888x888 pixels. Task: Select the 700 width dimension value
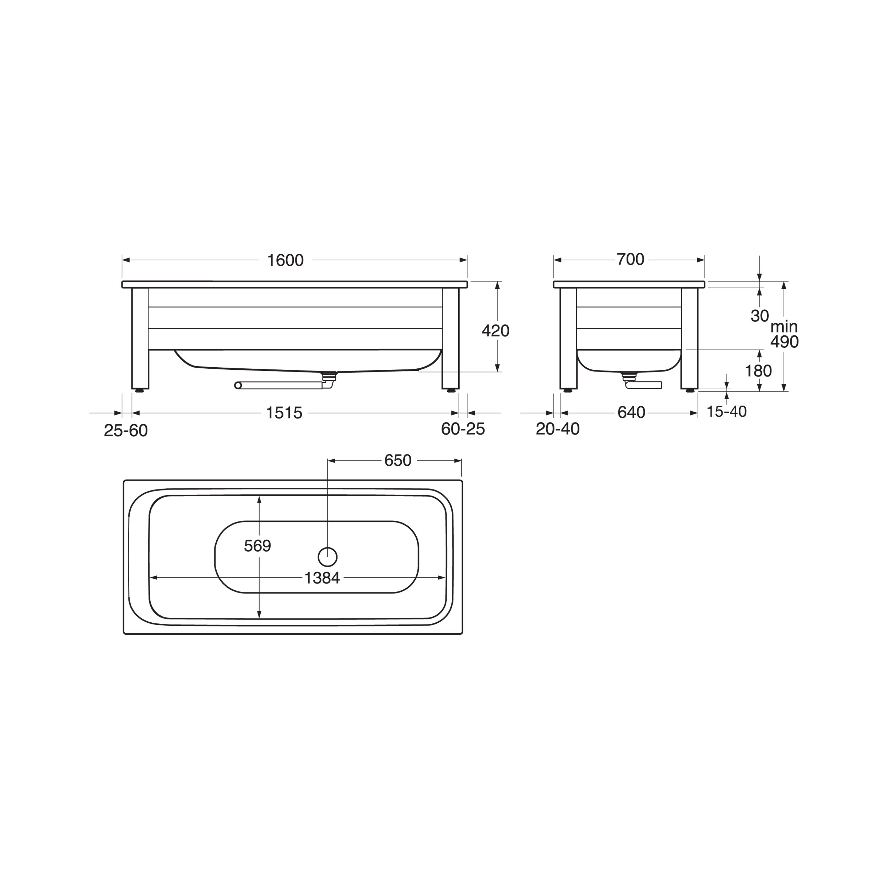[x=630, y=260]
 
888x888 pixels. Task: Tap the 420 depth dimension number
[x=496, y=331]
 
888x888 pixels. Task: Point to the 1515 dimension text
[x=284, y=413]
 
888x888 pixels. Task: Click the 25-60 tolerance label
[x=125, y=431]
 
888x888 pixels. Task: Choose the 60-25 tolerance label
[x=463, y=429]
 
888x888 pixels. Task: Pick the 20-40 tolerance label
[x=558, y=429]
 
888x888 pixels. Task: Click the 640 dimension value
[x=632, y=413]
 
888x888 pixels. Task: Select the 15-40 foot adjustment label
[x=727, y=412]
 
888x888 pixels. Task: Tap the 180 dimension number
[x=758, y=371]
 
